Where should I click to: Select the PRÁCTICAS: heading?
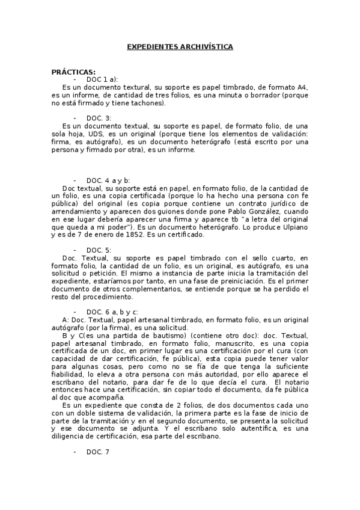73,72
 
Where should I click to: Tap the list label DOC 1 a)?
102,79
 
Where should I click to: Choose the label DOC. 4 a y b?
108,180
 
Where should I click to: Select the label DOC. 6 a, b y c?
112,312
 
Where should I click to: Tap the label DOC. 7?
98,452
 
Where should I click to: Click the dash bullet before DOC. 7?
75,452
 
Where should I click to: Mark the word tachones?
139,103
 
